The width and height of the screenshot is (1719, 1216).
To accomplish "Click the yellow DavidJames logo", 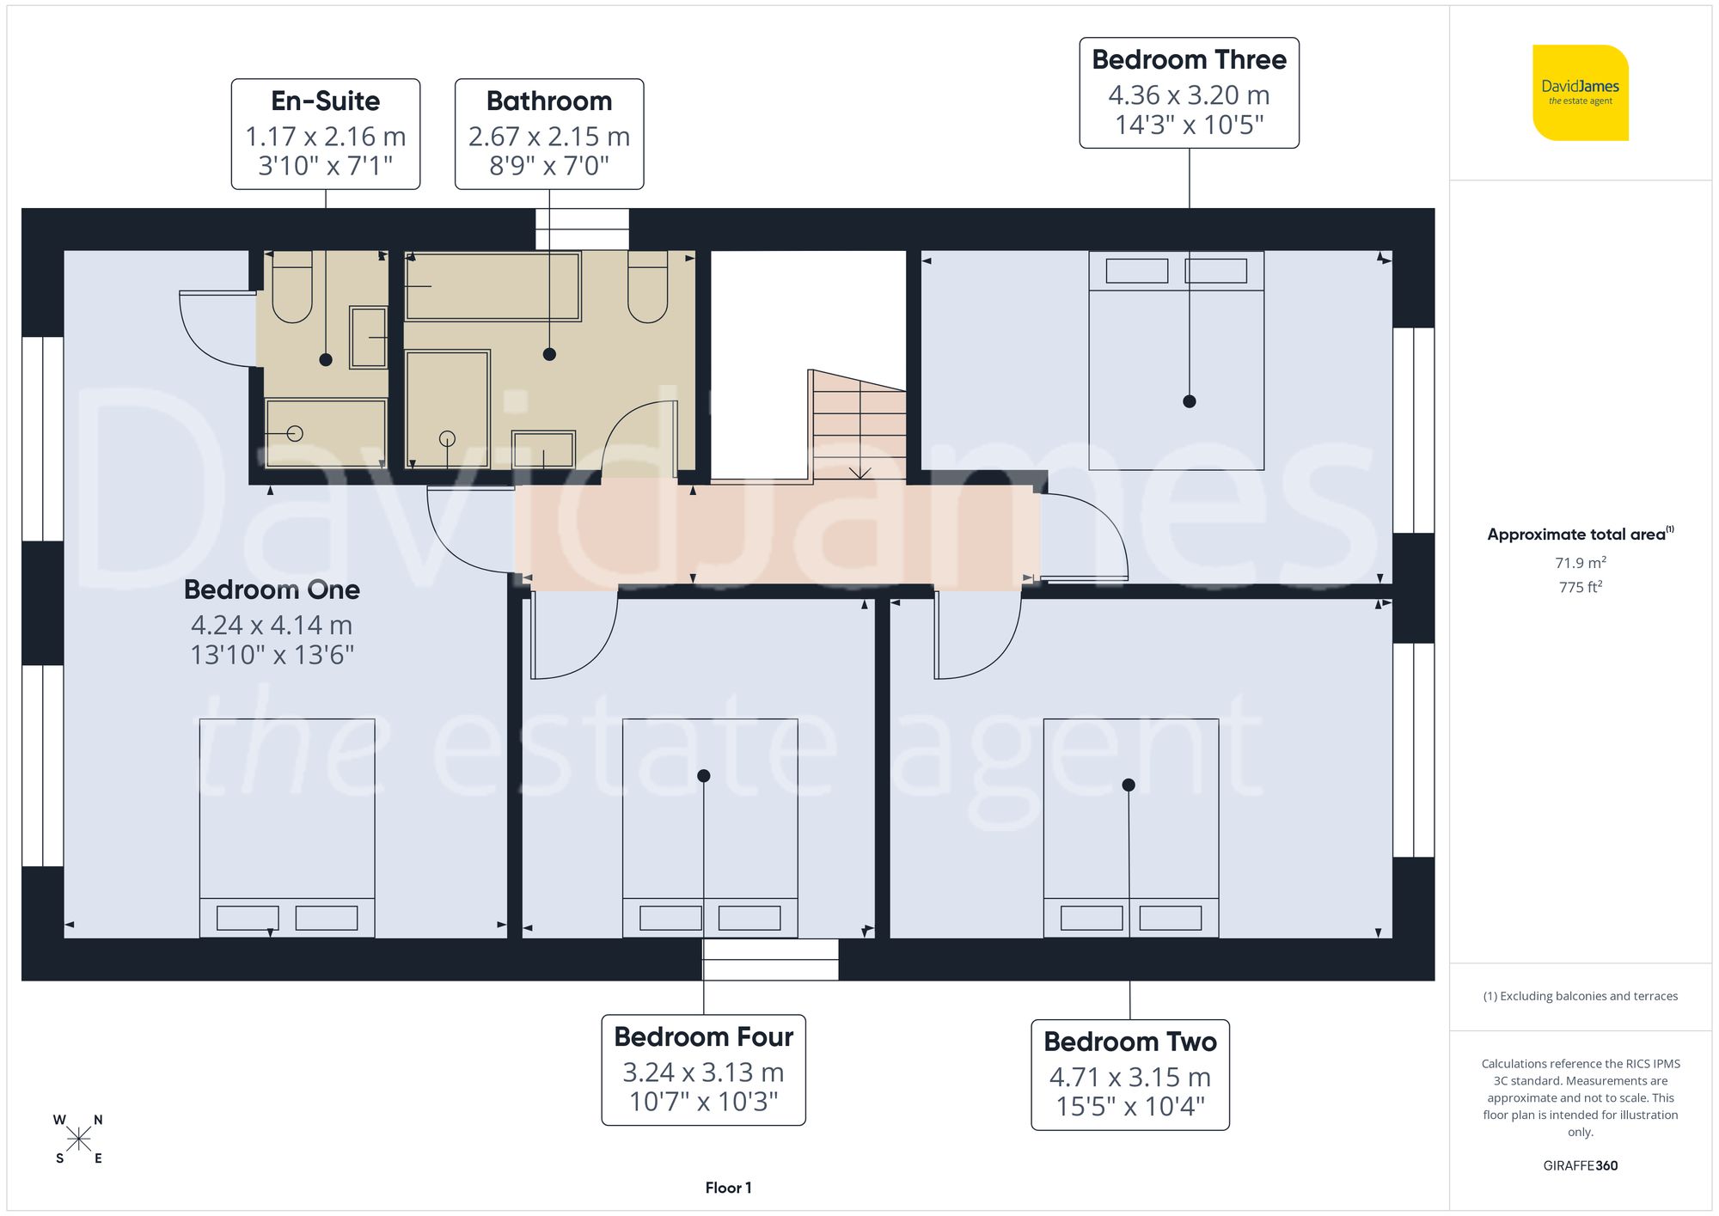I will click(1580, 93).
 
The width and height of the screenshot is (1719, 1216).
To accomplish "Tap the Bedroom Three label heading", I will click(1189, 60).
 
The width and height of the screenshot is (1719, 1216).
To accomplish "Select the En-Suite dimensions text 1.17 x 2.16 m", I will click(325, 137).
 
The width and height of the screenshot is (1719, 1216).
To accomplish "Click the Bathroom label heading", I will click(549, 101).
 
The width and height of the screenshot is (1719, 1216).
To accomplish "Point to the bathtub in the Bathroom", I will click(492, 286).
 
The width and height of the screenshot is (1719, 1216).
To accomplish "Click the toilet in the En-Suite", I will click(292, 287).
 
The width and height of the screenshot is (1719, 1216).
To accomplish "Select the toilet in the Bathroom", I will click(647, 287).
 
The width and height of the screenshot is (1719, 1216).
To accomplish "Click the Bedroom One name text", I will click(272, 590).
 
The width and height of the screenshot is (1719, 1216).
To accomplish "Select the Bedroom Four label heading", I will click(703, 1037).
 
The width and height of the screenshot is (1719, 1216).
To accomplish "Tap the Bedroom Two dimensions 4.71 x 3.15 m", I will click(1129, 1078).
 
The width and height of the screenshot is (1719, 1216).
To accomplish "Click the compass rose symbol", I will click(78, 1140).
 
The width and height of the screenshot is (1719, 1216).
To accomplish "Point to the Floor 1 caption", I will click(728, 1188).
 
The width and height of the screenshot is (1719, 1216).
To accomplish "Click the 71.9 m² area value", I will click(1580, 563).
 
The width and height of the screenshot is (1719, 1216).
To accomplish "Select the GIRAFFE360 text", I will click(1580, 1166).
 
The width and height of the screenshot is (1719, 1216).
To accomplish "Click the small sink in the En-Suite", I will click(369, 337).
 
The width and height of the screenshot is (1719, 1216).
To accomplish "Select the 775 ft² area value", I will click(1580, 587).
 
